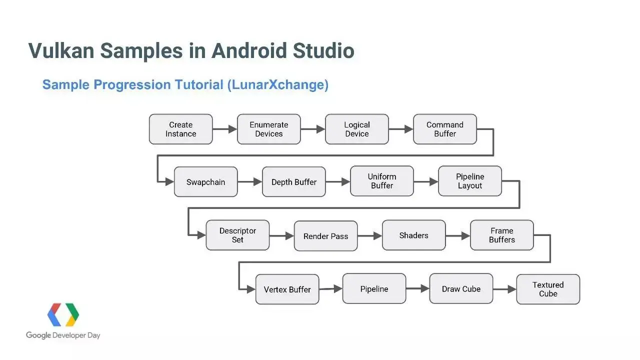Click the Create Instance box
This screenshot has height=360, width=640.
[180, 129]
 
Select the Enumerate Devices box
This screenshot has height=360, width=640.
[268, 129]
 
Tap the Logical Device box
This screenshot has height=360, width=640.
[356, 129]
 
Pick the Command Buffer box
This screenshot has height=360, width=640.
[444, 129]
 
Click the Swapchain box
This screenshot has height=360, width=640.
[205, 182]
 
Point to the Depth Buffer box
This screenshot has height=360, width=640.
[293, 182]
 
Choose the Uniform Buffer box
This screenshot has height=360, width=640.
[382, 181]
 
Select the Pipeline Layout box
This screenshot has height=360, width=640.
[469, 181]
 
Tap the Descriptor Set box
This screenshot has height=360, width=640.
[237, 235]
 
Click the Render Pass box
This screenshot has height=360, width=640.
[325, 236]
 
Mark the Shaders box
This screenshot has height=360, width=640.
[413, 235]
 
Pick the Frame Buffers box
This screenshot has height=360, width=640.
[501, 235]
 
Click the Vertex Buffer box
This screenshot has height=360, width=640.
[287, 289]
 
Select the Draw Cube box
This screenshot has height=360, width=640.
[461, 288]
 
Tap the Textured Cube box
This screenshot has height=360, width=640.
[548, 289]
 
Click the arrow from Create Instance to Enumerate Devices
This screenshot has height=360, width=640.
[224, 129]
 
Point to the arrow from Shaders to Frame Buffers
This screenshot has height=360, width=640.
[457, 235]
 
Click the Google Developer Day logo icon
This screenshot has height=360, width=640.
[63, 315]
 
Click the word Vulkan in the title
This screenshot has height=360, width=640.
[61, 51]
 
